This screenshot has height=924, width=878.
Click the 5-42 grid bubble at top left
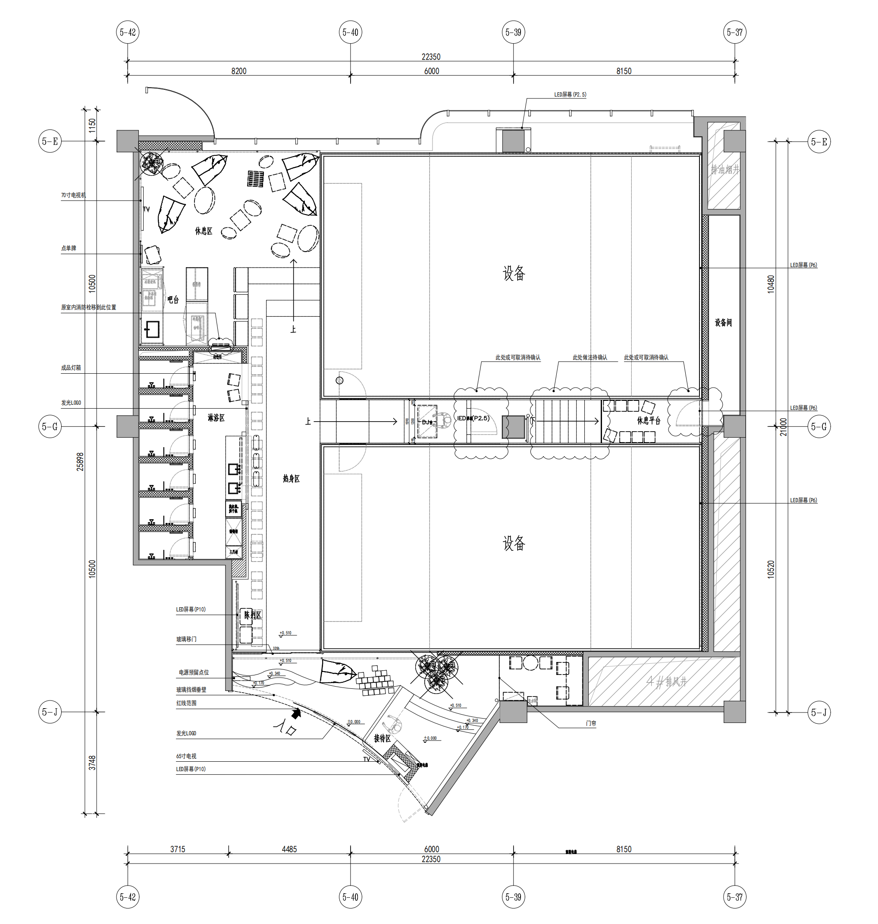click(x=128, y=32)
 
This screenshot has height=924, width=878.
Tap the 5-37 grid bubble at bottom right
click(x=734, y=897)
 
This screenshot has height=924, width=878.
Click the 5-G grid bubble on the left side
click(x=50, y=427)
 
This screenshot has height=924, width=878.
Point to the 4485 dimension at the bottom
click(x=289, y=849)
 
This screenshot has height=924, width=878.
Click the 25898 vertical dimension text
click(x=81, y=461)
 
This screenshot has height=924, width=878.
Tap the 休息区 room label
click(x=204, y=231)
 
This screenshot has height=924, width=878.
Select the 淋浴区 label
click(x=216, y=418)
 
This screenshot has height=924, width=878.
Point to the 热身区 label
click(x=291, y=478)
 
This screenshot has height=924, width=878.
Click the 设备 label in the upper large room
click(x=514, y=273)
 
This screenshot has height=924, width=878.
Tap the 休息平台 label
click(x=648, y=420)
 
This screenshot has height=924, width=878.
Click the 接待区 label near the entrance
click(x=382, y=738)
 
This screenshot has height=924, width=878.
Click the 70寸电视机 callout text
click(x=73, y=196)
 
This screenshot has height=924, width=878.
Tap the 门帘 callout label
click(x=591, y=723)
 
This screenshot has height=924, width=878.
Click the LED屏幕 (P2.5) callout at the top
click(x=570, y=95)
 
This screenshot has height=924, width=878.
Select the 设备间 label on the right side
click(x=723, y=322)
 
